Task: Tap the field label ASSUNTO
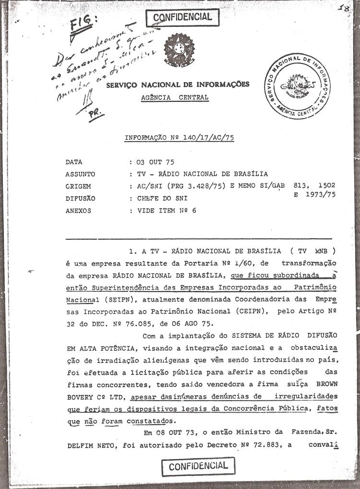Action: point(81,174)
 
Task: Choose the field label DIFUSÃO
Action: point(81,198)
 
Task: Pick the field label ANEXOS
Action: point(80,210)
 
